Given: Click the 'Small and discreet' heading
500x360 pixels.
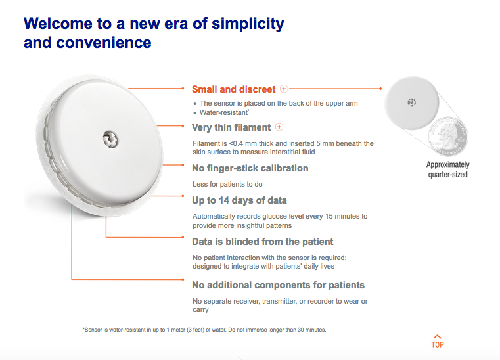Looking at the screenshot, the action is [x=233, y=89].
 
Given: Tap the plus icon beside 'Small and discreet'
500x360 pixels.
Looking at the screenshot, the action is [x=283, y=89].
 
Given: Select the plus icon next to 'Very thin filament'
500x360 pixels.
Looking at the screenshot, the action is [x=279, y=127].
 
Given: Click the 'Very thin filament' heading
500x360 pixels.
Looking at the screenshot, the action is [x=231, y=127].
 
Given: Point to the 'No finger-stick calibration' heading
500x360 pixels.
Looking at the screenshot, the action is [x=250, y=168].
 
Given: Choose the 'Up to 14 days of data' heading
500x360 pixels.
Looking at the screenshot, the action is [x=239, y=200].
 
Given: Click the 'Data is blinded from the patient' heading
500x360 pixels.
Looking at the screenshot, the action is [x=262, y=242].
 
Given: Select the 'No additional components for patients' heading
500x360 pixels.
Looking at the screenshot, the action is [x=278, y=285].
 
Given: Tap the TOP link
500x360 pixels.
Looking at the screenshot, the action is [x=438, y=342].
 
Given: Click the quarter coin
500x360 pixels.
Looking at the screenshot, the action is [x=448, y=136].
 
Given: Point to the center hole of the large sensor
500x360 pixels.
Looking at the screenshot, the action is [x=110, y=140].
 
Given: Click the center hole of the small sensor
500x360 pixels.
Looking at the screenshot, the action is [x=412, y=102].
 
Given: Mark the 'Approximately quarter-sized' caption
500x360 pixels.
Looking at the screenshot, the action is [x=447, y=169].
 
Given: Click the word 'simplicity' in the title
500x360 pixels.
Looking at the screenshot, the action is [x=248, y=24].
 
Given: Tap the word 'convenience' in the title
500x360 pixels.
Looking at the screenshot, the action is [x=104, y=43].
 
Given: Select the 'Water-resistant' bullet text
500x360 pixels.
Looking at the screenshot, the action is [x=224, y=112].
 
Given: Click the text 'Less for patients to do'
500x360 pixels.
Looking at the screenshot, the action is [x=227, y=184].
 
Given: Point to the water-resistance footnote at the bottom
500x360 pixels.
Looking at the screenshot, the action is [x=204, y=330].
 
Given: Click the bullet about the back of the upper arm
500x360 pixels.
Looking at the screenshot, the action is [x=279, y=103].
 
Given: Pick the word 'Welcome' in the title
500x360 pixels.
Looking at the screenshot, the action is [x=58, y=24].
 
